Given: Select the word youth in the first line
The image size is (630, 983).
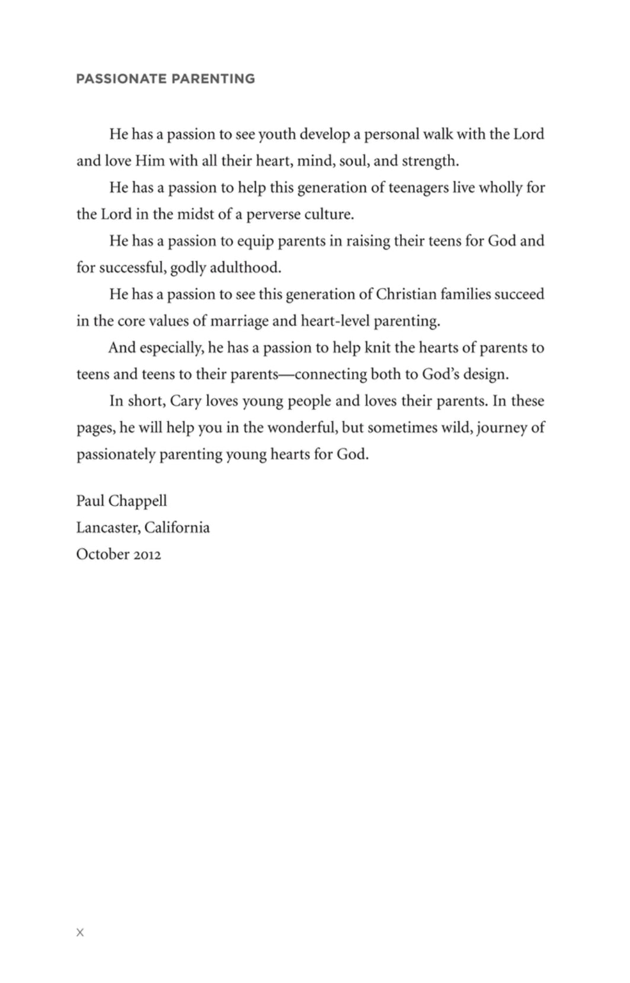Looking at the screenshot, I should pyautogui.click(x=277, y=135).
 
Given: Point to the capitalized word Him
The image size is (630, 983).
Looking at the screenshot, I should pyautogui.click(x=150, y=161).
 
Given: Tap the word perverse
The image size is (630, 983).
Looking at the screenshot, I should pyautogui.click(x=273, y=215).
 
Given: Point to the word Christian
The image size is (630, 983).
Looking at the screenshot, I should pyautogui.click(x=406, y=295).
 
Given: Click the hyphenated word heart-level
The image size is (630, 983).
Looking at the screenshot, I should pyautogui.click(x=335, y=321).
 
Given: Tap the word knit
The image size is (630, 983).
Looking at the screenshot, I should pyautogui.click(x=378, y=348).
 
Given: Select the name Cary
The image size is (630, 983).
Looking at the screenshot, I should pyautogui.click(x=186, y=401).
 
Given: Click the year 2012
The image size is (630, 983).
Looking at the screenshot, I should pyautogui.click(x=146, y=555).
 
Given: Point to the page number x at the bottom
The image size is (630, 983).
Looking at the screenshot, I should pyautogui.click(x=80, y=933).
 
